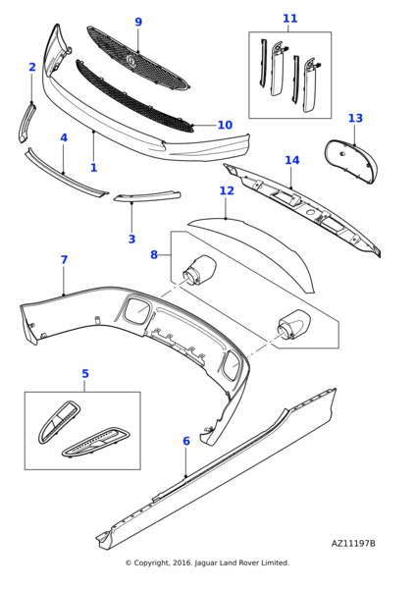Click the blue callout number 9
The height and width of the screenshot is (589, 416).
coord(138,22)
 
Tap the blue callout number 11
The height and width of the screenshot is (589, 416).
coord(289,18)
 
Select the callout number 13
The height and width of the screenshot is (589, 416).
coord(355,118)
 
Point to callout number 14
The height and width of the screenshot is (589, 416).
coord(292,160)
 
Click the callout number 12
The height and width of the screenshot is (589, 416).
coord(227,190)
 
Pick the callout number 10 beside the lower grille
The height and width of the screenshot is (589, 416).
coord(225,125)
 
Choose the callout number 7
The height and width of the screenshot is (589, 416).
coord(64,259)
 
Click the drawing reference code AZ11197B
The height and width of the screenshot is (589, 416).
coord(353,544)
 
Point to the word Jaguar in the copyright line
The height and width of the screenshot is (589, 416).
coord(205,562)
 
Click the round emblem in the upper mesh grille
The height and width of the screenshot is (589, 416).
coord(131,60)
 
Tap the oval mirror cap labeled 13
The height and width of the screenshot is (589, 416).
coord(350,162)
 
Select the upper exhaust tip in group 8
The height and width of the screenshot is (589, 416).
coord(199,271)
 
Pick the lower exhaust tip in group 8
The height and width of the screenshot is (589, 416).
coord(294,325)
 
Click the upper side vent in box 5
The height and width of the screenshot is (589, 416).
coord(59,421)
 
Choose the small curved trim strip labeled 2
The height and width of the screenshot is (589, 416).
coord(26,124)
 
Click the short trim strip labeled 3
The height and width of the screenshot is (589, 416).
coord(147,197)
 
